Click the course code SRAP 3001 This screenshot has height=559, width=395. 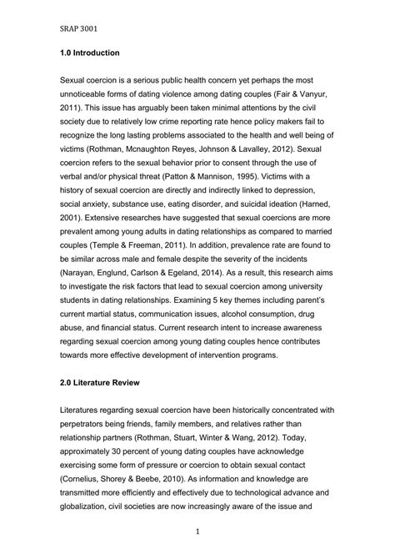tap(79, 28)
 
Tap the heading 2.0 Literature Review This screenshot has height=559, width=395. tap(105, 383)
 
